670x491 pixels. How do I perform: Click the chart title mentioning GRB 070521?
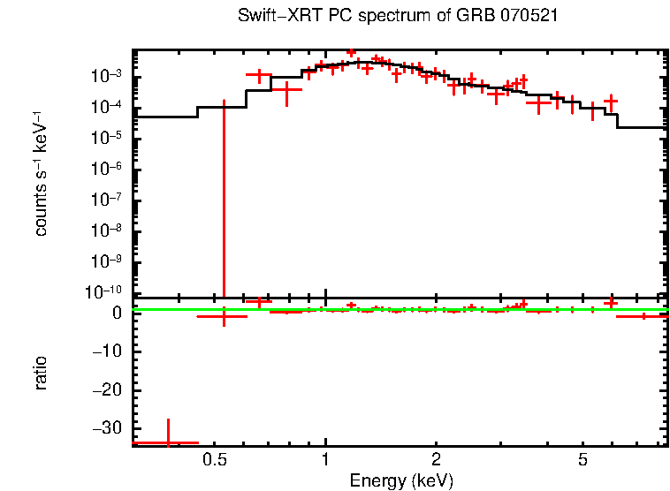pyautogui.click(x=398, y=17)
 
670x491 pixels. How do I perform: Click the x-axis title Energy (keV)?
pyautogui.click(x=401, y=480)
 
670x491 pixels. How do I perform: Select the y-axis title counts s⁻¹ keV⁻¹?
pyautogui.click(x=41, y=174)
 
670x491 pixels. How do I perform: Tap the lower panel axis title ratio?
pyautogui.click(x=41, y=373)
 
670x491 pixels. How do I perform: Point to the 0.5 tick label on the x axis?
pyautogui.click(x=214, y=460)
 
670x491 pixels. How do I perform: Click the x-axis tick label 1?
pyautogui.click(x=325, y=460)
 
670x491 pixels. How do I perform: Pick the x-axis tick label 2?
pyautogui.click(x=436, y=460)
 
